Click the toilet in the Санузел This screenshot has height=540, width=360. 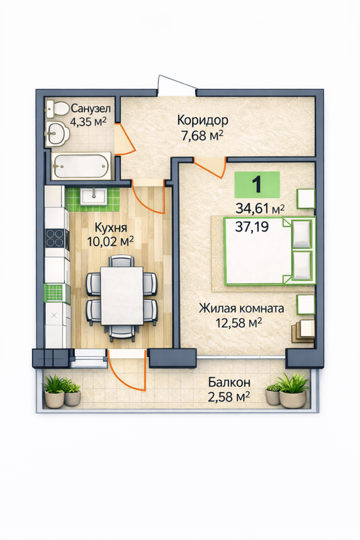pos(58,108)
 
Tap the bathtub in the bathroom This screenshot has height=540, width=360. pos(82,166)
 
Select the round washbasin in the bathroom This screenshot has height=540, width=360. pos(57,132)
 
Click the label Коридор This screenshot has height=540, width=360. pos(203,120)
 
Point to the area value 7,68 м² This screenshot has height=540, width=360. pos(203,136)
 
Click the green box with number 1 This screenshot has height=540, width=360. pos(257,185)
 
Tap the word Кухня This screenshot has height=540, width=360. pos(110,228)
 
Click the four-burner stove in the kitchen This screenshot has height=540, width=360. pos(55,238)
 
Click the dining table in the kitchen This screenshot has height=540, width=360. pos(122,296)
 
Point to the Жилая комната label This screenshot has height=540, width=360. pos(242,308)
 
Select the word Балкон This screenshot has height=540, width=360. pos(229,382)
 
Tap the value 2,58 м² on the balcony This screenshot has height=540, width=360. pos(229,397)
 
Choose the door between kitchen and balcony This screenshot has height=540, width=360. pos(126,371)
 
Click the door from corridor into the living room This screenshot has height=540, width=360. pos(211,168)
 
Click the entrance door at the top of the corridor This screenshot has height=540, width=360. pos(176,85)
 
